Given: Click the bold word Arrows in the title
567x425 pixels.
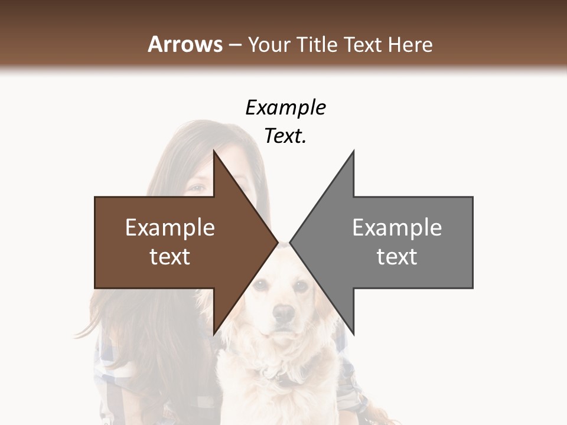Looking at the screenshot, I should click(x=185, y=44).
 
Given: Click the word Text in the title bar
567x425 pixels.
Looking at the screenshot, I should click(x=362, y=44).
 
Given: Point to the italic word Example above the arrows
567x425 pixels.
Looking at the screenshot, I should click(x=286, y=107).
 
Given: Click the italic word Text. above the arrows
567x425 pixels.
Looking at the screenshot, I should click(x=286, y=136).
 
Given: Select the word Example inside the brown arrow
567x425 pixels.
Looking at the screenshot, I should click(x=170, y=227).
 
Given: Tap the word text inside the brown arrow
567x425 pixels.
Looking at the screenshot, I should click(x=170, y=256).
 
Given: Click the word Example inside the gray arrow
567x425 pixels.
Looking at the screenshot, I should click(x=397, y=227).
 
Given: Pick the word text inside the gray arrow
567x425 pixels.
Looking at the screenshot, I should click(x=397, y=256).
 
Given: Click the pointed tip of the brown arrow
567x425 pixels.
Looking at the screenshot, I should click(x=277, y=242).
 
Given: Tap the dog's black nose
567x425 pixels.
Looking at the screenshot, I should click(x=284, y=313).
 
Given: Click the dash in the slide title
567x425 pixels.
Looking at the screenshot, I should click(x=235, y=45).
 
